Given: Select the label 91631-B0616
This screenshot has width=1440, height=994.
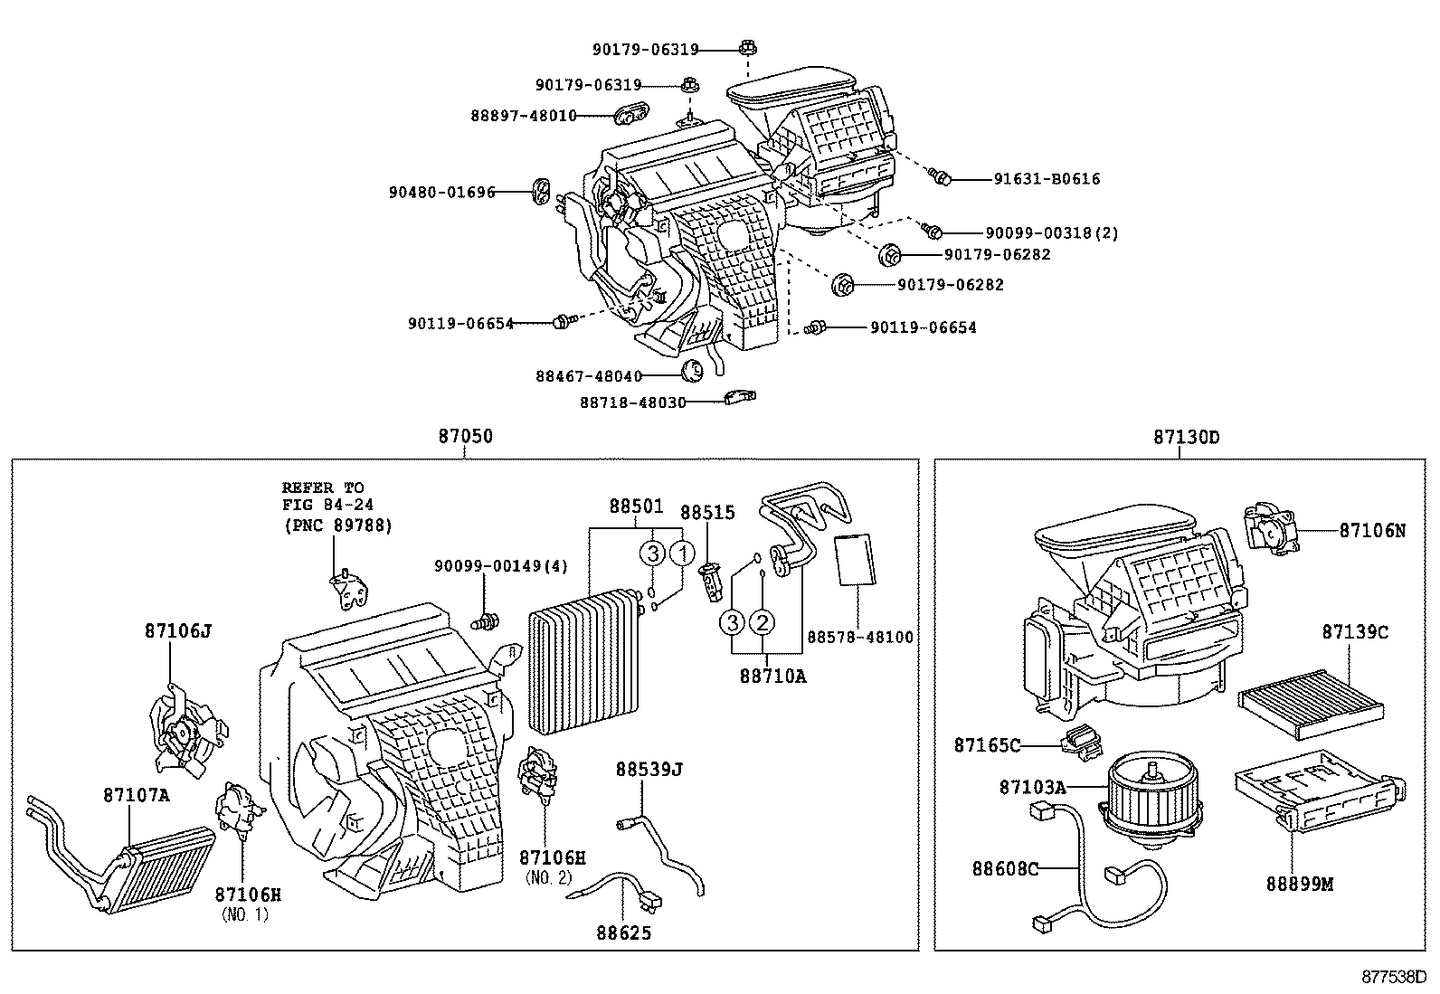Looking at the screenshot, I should tap(1047, 179).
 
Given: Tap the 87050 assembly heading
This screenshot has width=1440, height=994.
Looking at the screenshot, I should tap(465, 436).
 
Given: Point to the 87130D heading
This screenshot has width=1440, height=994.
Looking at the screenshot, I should tap(1186, 437).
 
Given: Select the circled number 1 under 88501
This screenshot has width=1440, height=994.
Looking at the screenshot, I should tap(682, 553).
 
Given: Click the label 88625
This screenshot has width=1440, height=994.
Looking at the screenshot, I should tap(623, 932).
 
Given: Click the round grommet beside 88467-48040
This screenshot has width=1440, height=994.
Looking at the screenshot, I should tap(692, 370).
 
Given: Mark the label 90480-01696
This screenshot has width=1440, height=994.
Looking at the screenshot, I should tap(442, 193).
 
